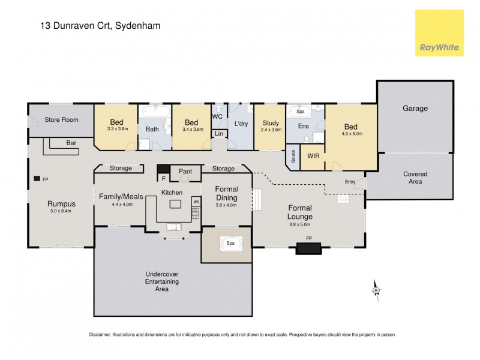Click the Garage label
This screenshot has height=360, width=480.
click(x=415, y=109)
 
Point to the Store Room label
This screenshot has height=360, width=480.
click(x=61, y=120)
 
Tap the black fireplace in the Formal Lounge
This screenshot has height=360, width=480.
click(x=308, y=247)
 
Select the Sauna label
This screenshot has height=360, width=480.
click(x=293, y=157)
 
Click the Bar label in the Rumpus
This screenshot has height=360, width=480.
click(x=71, y=143)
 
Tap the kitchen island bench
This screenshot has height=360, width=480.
click(x=175, y=204)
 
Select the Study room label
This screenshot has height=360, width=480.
click(x=271, y=123)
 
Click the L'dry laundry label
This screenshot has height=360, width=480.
click(x=241, y=124)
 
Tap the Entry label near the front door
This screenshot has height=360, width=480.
click(x=350, y=182)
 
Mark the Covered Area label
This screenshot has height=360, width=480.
click(x=415, y=178)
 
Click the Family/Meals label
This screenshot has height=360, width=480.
click(x=119, y=196)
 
